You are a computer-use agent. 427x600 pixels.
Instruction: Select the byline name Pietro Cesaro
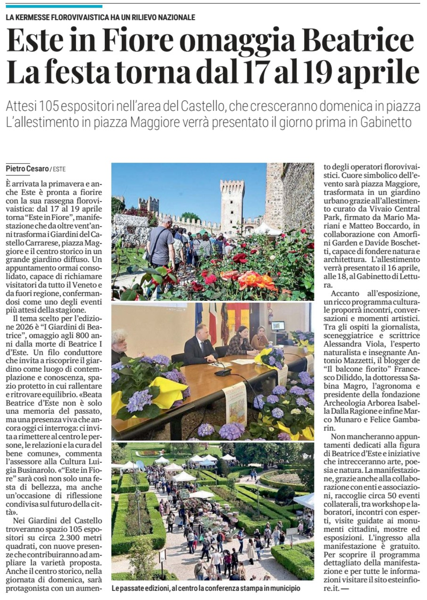(x=27, y=169)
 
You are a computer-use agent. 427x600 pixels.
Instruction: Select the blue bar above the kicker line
(x=54, y=6)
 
